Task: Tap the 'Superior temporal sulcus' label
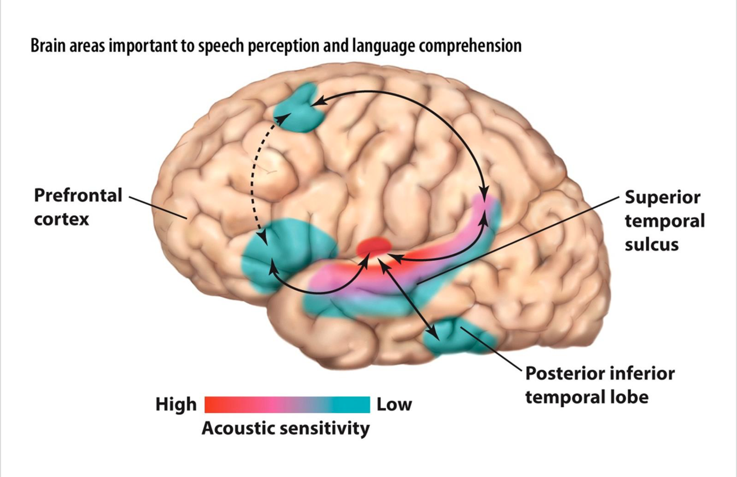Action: click(x=665, y=221)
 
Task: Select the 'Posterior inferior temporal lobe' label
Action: click(x=599, y=384)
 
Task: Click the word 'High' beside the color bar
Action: click(x=176, y=405)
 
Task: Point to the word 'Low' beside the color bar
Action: click(x=394, y=405)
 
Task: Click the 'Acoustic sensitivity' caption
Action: click(x=286, y=428)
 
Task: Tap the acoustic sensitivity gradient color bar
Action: click(x=287, y=405)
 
